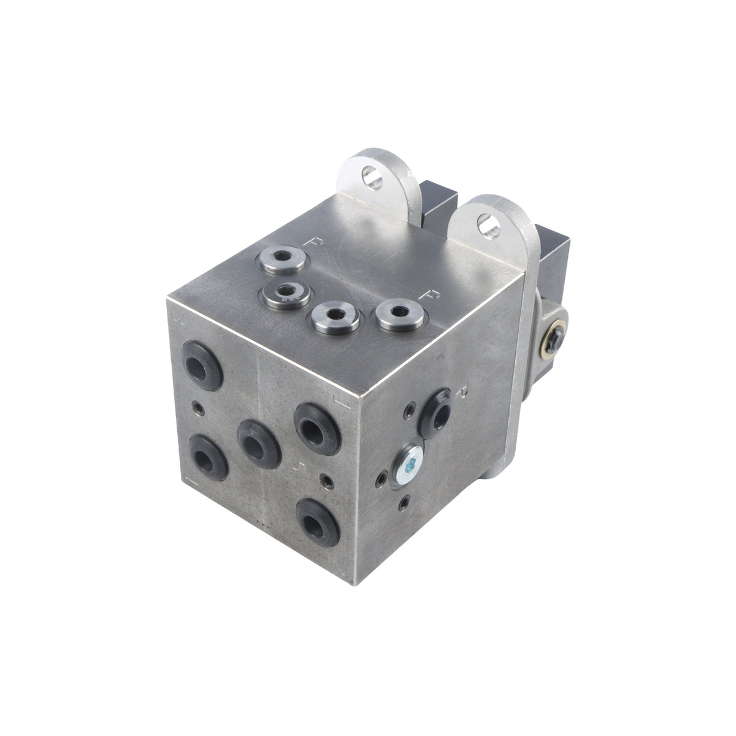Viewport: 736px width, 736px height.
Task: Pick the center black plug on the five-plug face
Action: click(255, 439)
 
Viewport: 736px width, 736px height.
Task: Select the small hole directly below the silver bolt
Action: click(403, 504)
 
